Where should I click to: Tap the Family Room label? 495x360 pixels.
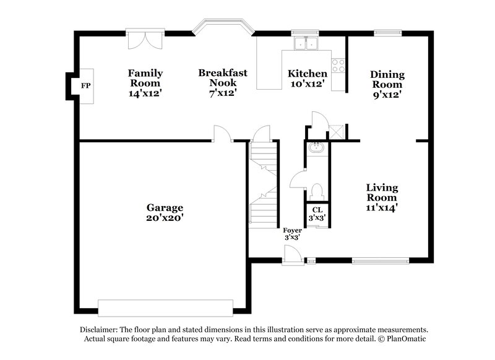pyautogui.click(x=145, y=82)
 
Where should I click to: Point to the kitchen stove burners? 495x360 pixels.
pyautogui.click(x=338, y=65)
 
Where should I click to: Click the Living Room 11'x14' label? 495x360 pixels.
pyautogui.click(x=381, y=197)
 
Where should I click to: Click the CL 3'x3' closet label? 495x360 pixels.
pyautogui.click(x=317, y=214)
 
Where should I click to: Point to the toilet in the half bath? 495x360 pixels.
pyautogui.click(x=317, y=191)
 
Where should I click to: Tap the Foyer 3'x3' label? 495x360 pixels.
pyautogui.click(x=293, y=233)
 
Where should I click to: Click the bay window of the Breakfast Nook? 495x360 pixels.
pyautogui.click(x=223, y=27)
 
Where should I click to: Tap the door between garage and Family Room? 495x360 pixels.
pyautogui.click(x=222, y=133)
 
